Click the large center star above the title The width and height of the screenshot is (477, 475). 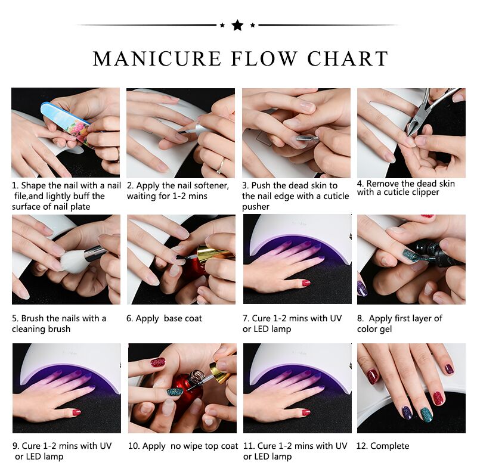point(237,25)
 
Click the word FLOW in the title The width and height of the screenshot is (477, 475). point(264,58)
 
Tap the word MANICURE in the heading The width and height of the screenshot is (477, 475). point(157,58)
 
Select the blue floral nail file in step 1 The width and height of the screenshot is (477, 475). point(66,124)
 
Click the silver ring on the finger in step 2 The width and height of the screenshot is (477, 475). point(221,166)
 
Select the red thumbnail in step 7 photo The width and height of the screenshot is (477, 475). point(306,283)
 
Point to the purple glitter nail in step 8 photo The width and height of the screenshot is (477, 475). point(363,288)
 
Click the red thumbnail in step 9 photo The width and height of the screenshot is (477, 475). point(76,412)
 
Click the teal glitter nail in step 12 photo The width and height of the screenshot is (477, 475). point(426,414)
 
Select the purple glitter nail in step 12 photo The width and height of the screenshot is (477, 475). point(407,412)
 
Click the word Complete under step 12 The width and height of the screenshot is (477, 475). point(389,446)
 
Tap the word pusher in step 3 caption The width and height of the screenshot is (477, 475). point(256,207)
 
